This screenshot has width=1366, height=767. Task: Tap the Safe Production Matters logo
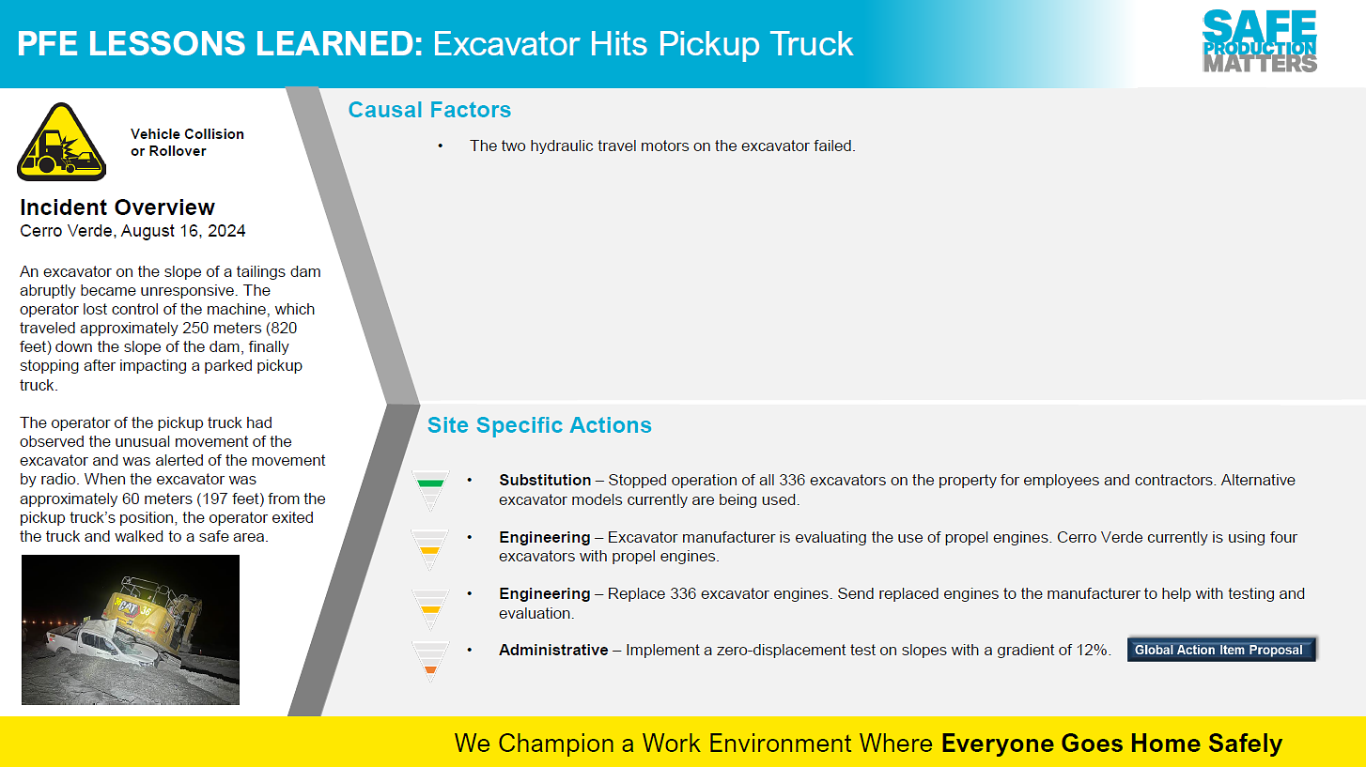(1260, 41)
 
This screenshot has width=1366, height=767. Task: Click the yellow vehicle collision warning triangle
(62, 142)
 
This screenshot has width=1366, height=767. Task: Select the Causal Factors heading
(429, 110)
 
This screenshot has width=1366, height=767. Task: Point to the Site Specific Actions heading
(539, 425)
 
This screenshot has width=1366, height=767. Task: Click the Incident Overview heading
(117, 207)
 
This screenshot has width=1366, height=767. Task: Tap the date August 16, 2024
(183, 231)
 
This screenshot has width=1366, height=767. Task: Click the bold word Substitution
(545, 480)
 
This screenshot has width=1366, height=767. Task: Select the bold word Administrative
(553, 650)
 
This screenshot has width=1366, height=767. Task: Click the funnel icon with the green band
(430, 489)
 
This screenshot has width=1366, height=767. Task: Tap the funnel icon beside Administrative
(430, 661)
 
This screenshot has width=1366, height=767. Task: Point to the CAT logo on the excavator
(128, 607)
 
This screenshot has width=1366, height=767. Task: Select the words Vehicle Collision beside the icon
(187, 134)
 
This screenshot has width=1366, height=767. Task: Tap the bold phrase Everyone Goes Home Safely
(1111, 744)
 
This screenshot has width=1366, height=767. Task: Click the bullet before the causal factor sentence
(440, 146)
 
